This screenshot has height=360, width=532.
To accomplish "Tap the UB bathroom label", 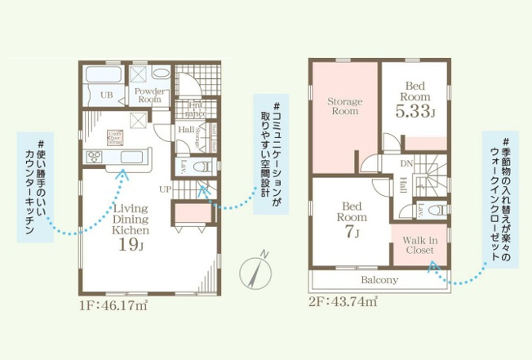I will pos(106,95).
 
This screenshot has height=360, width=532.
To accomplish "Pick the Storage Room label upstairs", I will pos(344,106).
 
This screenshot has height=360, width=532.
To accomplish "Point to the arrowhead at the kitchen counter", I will pos(123,172).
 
